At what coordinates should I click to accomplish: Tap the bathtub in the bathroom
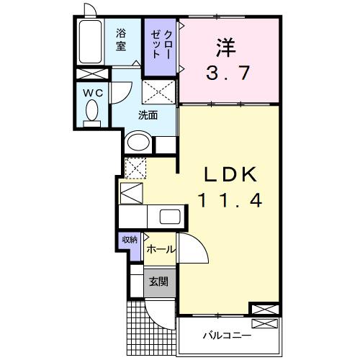pos(92,42)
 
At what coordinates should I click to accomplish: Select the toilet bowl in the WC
pos(91,112)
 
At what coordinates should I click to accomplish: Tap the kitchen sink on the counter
pos(171,217)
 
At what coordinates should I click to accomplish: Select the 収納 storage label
pos(129,240)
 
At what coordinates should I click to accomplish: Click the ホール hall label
pos(160,248)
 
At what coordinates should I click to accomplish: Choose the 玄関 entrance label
pos(158,282)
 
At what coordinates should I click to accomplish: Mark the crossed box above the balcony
pos(263,310)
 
